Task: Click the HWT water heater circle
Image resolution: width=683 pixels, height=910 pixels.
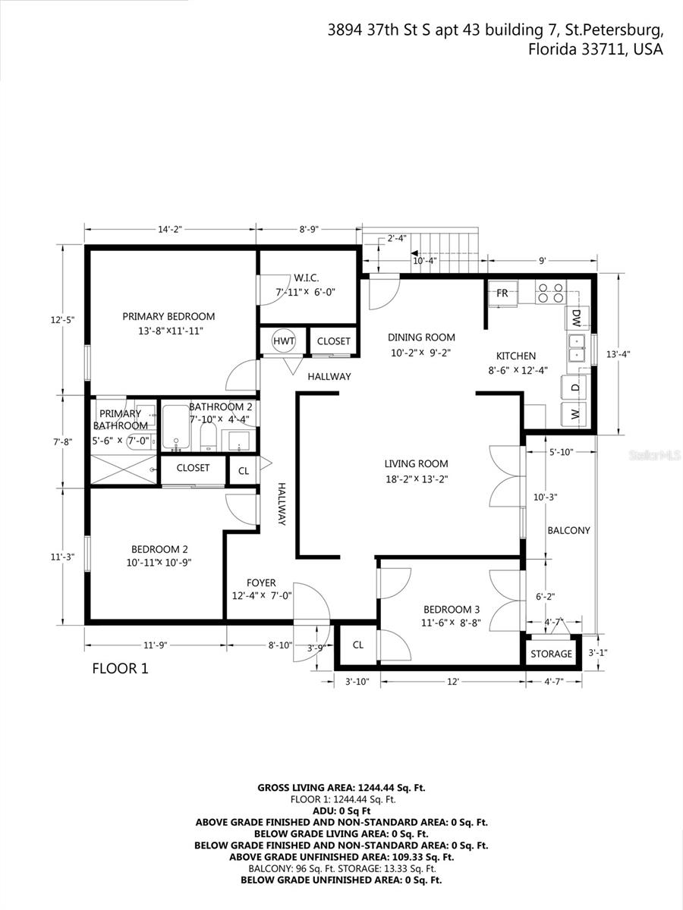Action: tap(285, 341)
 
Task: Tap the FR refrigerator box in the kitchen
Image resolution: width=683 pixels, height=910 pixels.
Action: tap(502, 293)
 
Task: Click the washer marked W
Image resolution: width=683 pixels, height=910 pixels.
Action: tap(574, 414)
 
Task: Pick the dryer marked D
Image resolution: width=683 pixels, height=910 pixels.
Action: tap(574, 388)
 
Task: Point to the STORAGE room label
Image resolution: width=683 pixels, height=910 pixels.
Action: tap(551, 654)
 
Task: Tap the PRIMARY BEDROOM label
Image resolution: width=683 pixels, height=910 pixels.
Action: tap(168, 316)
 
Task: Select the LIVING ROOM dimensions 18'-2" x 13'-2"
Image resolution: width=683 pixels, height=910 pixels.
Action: tap(416, 478)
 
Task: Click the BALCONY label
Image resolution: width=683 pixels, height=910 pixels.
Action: tap(568, 531)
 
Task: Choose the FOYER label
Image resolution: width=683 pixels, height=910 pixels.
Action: tap(262, 582)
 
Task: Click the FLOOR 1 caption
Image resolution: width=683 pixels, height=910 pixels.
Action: tap(120, 669)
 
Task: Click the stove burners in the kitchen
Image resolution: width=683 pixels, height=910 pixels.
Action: tap(550, 293)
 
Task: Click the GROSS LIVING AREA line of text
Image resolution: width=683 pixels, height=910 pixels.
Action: tap(341, 788)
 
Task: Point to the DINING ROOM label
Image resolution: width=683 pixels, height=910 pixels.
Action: tap(421, 337)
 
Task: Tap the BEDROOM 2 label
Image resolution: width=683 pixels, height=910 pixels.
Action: tap(159, 550)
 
